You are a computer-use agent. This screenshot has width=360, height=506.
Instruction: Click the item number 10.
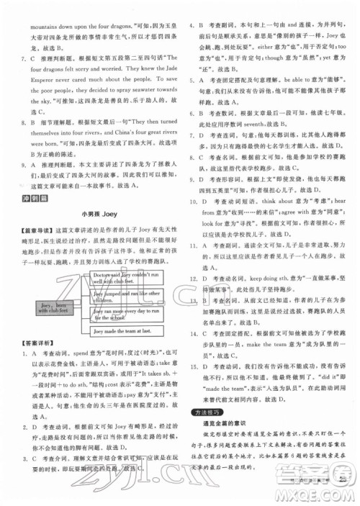coord(194,203)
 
